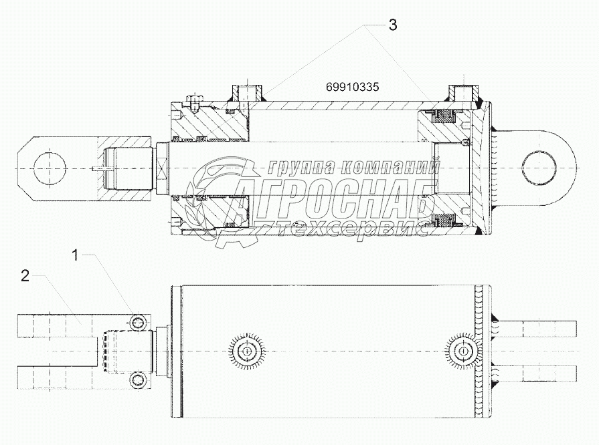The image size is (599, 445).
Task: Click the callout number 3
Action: [x=393, y=25]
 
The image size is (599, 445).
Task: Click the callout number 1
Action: [x=76, y=255]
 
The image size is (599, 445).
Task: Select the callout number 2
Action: [x=25, y=276]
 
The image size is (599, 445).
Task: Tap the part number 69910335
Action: [x=352, y=88]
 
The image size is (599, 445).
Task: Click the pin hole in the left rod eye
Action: [x=50, y=168]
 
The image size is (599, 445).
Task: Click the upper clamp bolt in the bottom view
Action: [x=138, y=323]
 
